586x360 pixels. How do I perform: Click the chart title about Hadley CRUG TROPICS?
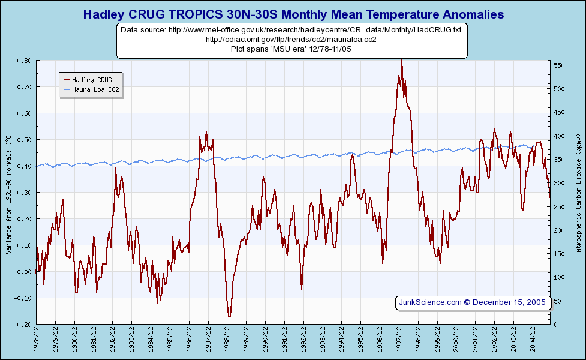tap(293, 14)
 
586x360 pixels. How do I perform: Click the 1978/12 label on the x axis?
tap(37, 340)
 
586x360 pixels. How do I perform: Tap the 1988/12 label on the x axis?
tap(227, 340)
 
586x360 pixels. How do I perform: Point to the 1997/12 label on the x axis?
tap(399, 340)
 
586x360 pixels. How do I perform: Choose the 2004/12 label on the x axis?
tap(533, 340)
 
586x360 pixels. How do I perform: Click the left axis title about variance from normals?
tap(8, 192)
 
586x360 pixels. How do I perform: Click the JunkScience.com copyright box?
tap(473, 302)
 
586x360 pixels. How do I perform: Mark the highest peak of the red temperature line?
tap(401, 60)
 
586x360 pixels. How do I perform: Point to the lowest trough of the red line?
tap(229, 317)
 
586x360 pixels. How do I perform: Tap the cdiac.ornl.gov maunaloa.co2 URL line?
tap(291, 39)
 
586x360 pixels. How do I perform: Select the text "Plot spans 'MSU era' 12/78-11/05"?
tap(291, 49)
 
